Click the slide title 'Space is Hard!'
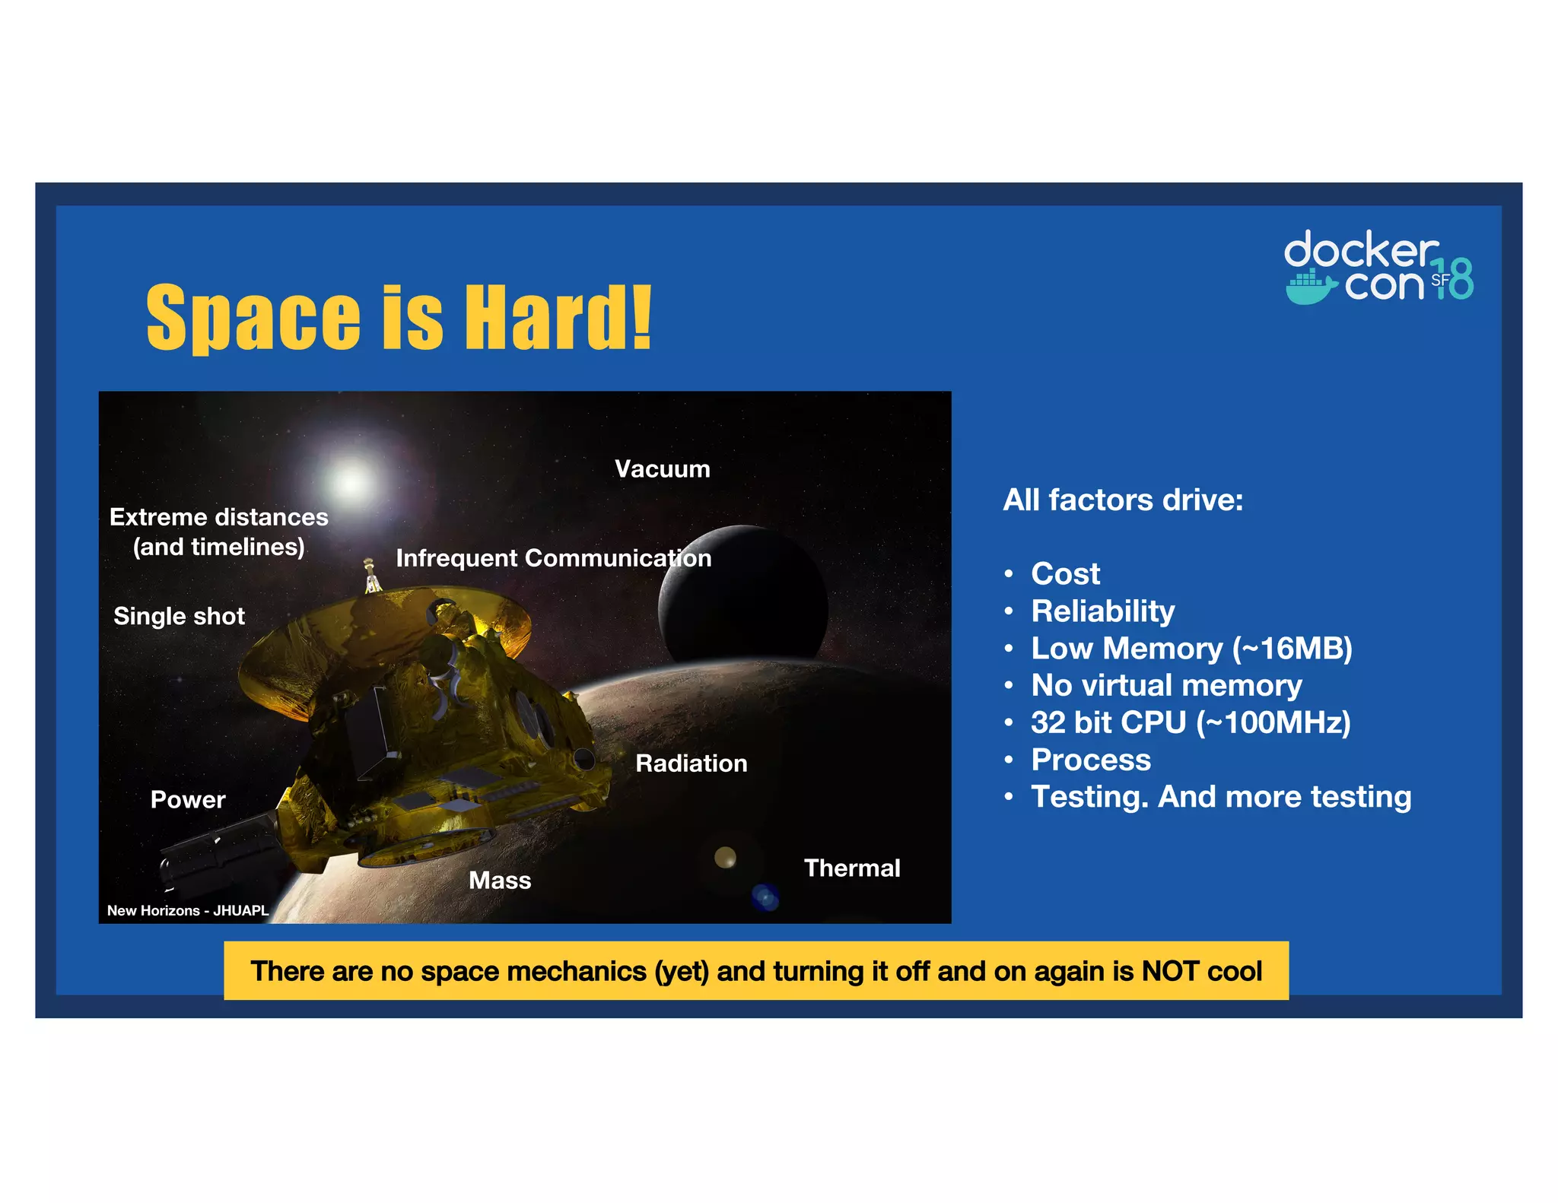coord(399,317)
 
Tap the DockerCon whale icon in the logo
coord(1310,287)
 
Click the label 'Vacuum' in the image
coord(662,469)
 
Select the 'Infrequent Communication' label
coord(553,558)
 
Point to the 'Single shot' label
coord(179,616)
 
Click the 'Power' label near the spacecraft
coord(188,800)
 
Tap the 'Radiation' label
coord(691,763)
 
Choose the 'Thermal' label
coord(852,868)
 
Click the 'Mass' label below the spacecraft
coord(500,881)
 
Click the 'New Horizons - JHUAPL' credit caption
coord(187,910)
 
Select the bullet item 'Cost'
coord(1065,574)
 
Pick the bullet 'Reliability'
coord(1102,611)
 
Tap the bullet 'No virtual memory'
coord(1166,686)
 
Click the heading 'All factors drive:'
coord(1123,500)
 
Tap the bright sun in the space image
coord(351,481)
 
